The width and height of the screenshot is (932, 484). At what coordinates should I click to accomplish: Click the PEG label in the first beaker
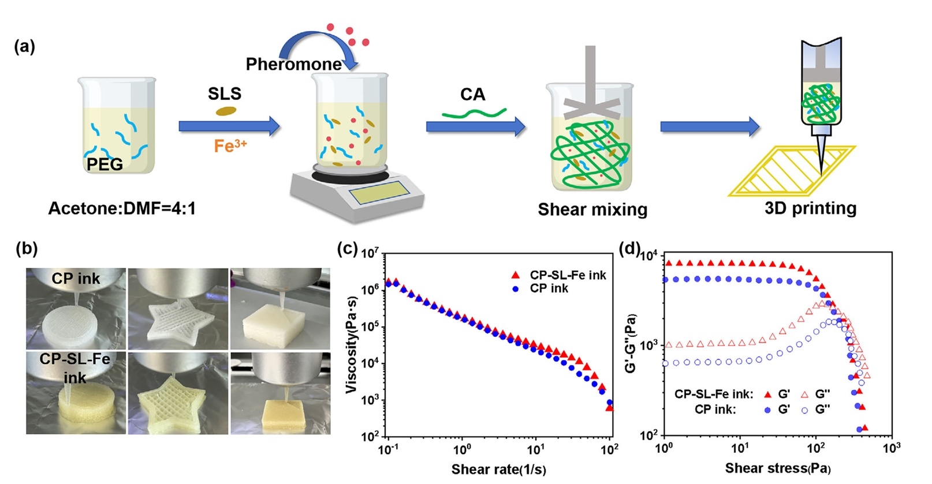[105, 164]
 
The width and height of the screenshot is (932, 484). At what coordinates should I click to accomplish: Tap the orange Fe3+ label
[230, 145]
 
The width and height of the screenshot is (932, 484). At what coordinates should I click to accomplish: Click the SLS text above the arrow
[225, 93]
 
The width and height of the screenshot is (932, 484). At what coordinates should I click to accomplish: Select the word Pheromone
[293, 64]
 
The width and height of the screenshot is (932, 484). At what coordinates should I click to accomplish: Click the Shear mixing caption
[592, 209]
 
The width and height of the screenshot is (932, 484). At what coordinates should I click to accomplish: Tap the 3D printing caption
[810, 208]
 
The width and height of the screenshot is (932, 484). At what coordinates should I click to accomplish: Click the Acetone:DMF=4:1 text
[122, 208]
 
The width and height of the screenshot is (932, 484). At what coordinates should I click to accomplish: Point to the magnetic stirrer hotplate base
[357, 193]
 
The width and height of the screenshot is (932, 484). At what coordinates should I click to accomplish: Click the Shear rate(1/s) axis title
[498, 470]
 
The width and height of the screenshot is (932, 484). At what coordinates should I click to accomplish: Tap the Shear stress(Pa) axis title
[778, 468]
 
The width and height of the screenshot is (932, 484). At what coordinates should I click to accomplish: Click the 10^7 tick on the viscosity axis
[370, 253]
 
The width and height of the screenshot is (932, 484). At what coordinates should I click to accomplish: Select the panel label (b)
[27, 248]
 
